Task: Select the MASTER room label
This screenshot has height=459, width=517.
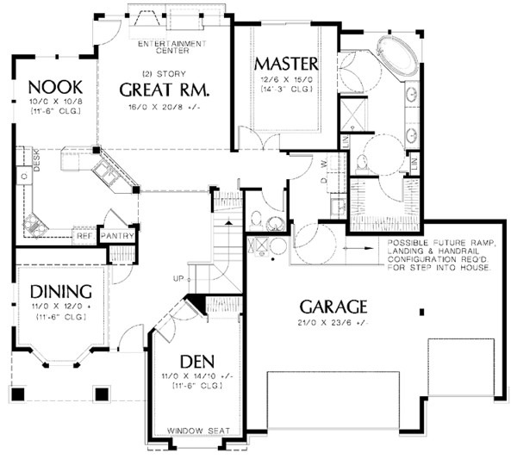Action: coord(287,64)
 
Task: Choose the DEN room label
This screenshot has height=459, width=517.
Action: coord(197,361)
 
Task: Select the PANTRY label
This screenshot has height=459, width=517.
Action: coord(115,234)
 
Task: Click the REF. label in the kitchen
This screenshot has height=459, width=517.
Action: coord(84,234)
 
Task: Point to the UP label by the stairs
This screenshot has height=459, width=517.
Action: coord(178,279)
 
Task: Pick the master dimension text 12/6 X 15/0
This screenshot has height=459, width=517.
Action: coord(287,79)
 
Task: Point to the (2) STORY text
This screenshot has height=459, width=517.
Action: coord(165,74)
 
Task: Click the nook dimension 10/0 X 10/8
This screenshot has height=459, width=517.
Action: coord(53,102)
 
